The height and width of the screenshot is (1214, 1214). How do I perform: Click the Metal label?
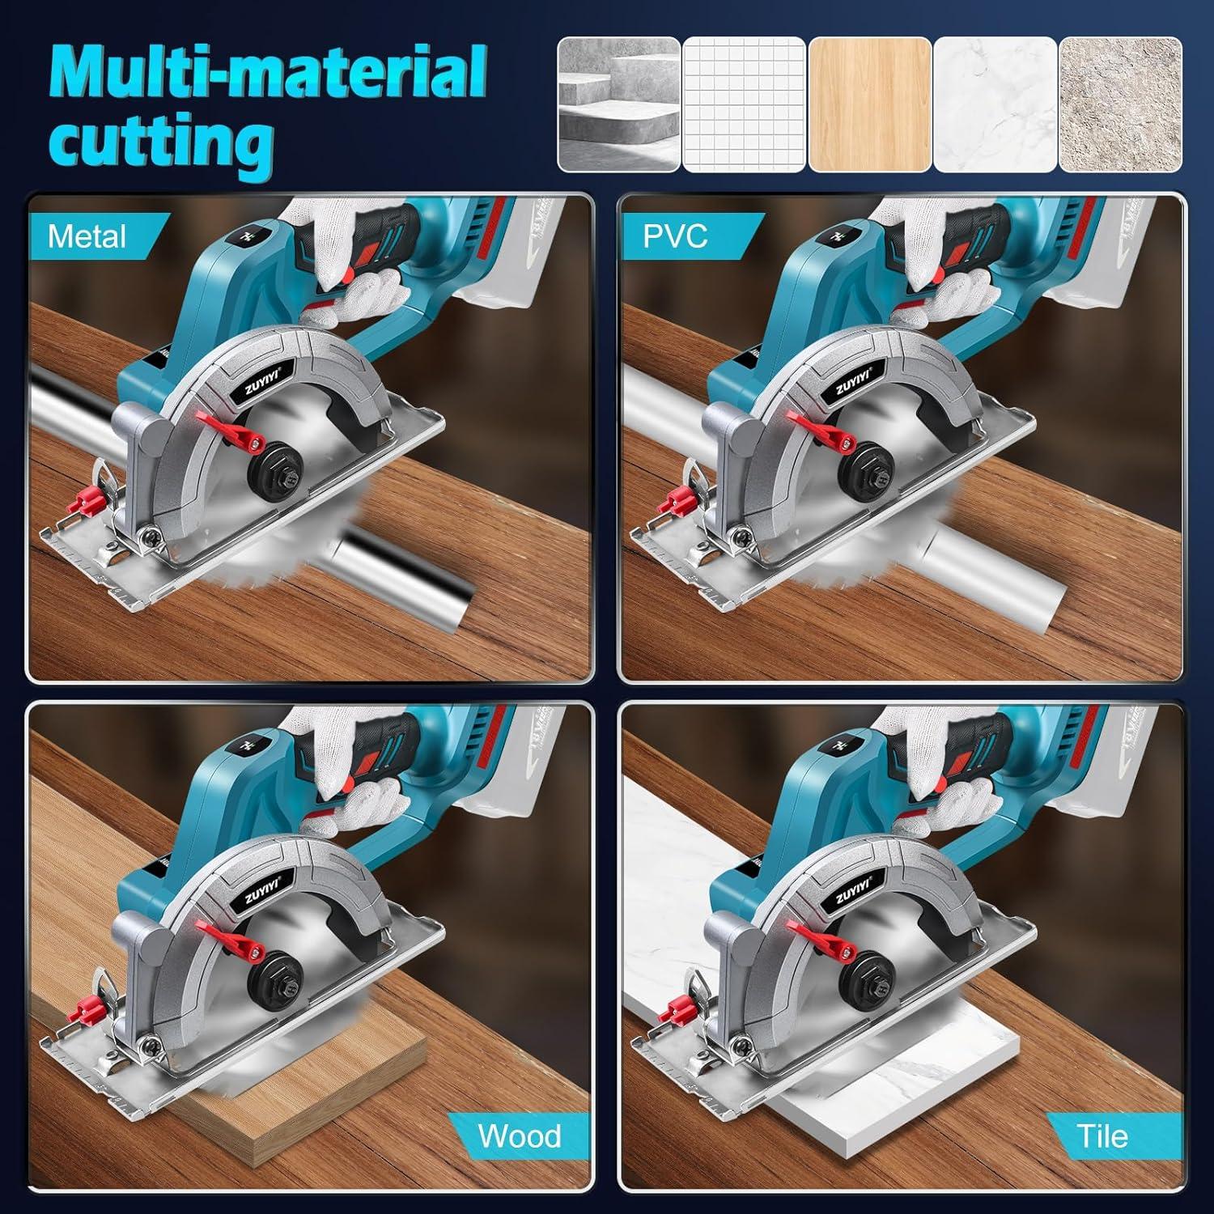[x=87, y=237]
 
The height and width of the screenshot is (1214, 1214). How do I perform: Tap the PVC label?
[x=675, y=237]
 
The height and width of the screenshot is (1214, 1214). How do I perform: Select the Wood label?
[x=519, y=1135]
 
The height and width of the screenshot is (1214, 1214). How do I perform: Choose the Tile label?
[x=1102, y=1135]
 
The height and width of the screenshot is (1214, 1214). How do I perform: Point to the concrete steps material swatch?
[x=619, y=104]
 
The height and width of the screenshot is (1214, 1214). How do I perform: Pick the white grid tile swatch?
[x=744, y=104]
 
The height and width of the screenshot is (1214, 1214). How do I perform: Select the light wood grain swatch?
[x=870, y=104]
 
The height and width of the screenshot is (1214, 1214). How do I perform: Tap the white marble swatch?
[x=995, y=104]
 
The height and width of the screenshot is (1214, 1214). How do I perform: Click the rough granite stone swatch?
[x=1120, y=104]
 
